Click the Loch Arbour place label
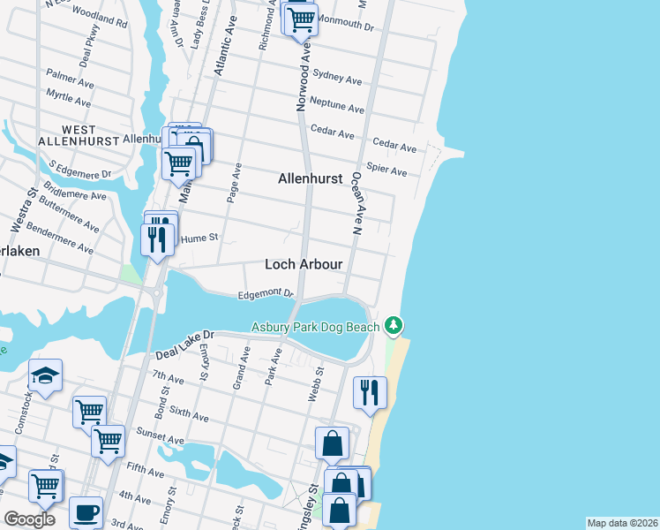click(304, 265)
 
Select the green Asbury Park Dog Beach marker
click(394, 326)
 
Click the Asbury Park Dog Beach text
click(315, 327)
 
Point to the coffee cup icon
click(86, 512)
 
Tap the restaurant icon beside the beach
click(370, 391)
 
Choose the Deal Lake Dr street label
click(185, 344)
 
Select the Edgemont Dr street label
click(265, 294)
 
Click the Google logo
click(29, 519)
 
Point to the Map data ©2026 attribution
click(622, 523)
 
